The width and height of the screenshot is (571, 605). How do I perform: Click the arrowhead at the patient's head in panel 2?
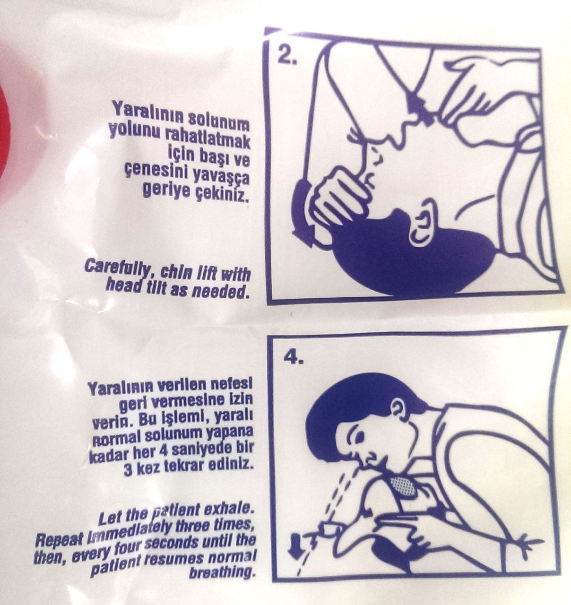pyautogui.click(x=302, y=236)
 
